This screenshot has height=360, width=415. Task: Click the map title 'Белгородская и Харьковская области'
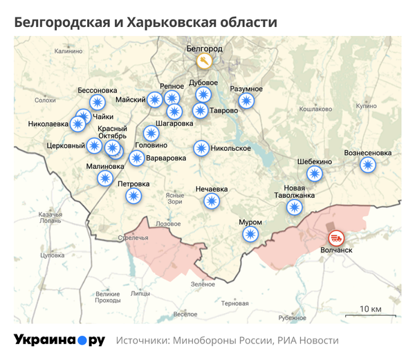point(145,22)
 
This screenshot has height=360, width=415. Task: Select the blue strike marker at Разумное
point(247,102)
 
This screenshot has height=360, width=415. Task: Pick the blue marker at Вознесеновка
point(368,165)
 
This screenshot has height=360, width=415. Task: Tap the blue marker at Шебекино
point(315,174)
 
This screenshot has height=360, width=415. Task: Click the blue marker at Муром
point(251,235)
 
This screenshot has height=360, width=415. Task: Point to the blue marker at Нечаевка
point(212,201)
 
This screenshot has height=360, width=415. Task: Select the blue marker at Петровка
point(133,196)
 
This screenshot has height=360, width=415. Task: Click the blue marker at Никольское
point(201,148)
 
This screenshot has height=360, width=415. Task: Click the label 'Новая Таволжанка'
point(299,191)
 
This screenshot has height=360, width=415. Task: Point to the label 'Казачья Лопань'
point(50,217)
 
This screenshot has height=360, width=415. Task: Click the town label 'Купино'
point(366,106)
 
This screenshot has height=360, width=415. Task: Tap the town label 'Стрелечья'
point(133,238)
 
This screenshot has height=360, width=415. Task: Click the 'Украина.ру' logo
point(59,340)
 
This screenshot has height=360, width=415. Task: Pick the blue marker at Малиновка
point(104,179)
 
